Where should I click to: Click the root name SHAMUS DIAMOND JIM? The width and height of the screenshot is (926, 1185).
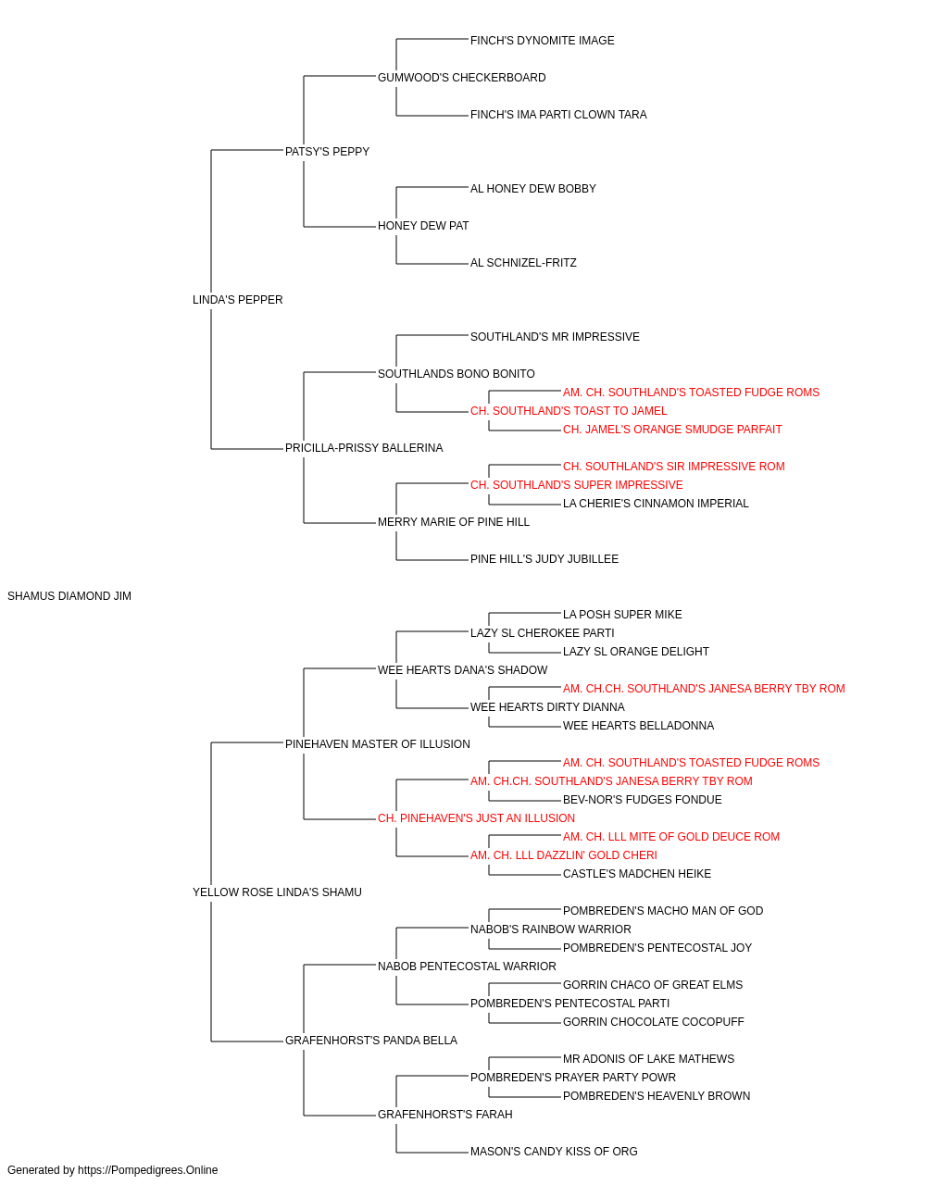click(69, 596)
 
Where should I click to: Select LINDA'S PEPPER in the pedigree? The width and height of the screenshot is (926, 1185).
click(237, 300)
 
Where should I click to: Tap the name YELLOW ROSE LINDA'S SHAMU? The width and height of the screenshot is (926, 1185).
click(277, 892)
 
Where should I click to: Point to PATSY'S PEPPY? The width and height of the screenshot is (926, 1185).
click(327, 152)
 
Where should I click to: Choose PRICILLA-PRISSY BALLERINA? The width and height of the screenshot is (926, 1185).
click(364, 448)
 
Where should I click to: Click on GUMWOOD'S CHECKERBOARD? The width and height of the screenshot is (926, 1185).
click(461, 78)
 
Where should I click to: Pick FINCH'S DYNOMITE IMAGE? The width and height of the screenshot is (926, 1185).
click(542, 41)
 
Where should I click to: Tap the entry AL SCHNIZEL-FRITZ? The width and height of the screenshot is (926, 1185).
click(523, 263)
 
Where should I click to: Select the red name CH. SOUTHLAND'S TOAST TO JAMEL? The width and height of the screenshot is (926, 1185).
click(569, 411)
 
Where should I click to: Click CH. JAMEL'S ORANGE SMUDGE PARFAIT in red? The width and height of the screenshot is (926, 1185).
click(672, 430)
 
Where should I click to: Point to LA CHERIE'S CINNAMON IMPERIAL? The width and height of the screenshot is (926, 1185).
click(656, 504)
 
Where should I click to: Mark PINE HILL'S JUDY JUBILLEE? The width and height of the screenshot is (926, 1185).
click(544, 559)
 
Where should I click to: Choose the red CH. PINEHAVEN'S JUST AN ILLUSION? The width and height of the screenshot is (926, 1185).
click(476, 818)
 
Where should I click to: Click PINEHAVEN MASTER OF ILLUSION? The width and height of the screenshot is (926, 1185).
click(378, 743)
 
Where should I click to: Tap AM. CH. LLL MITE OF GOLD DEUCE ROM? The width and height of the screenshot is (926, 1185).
click(671, 837)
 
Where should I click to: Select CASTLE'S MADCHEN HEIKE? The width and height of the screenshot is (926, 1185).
click(637, 874)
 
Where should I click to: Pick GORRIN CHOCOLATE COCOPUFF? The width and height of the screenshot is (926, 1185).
click(654, 1021)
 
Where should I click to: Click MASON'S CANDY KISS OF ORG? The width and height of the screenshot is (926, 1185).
click(554, 1151)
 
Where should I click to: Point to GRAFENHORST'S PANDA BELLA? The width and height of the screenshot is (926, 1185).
click(370, 1040)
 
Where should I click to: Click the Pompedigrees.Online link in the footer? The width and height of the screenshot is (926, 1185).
click(148, 1170)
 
